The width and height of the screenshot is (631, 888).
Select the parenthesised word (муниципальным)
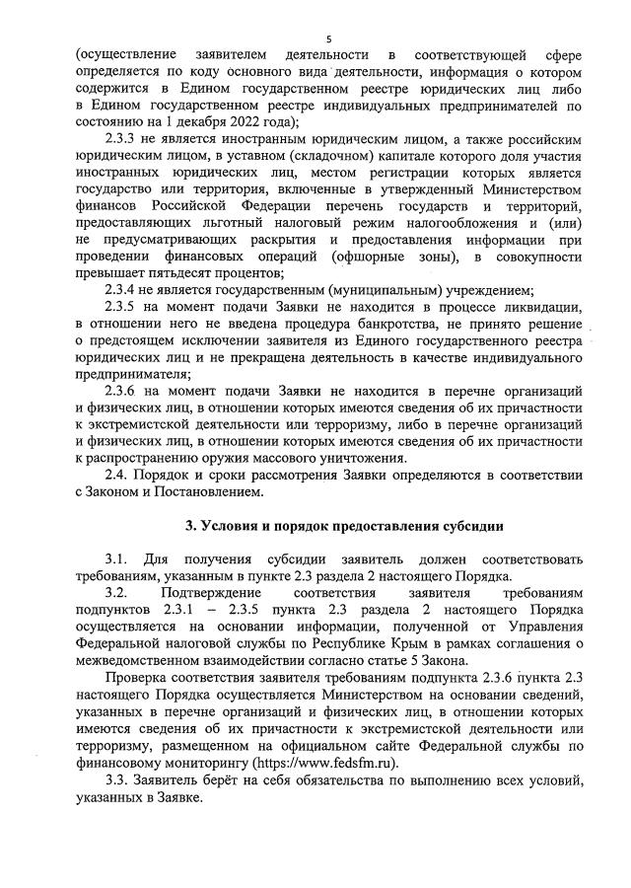tap(376, 290)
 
